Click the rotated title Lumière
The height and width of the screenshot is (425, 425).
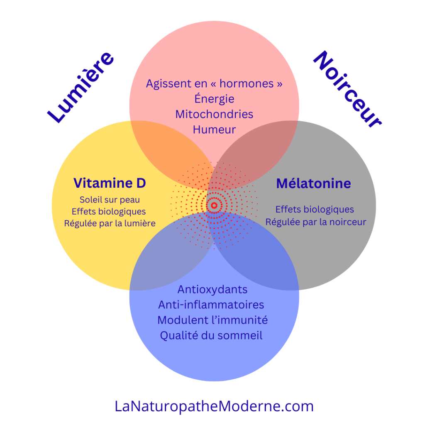(80, 88)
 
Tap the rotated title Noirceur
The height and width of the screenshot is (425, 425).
(347, 88)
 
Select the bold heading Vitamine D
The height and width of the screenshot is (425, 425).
(110, 183)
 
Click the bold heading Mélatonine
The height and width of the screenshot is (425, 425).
(313, 183)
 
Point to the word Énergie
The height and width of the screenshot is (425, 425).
(214, 99)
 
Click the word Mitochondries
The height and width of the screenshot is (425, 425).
(214, 114)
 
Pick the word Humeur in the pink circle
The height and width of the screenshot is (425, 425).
(214, 129)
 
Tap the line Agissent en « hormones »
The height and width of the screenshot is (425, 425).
(214, 83)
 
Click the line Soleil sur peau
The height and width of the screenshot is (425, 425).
(110, 200)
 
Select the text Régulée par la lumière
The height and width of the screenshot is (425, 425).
(110, 223)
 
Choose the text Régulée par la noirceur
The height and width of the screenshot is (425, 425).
(316, 222)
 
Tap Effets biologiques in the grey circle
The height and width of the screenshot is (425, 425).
(315, 209)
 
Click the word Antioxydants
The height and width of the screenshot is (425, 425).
(212, 289)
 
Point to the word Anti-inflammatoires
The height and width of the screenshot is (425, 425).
(211, 305)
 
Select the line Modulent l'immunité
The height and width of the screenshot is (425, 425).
(212, 320)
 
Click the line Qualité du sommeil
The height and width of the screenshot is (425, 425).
(211, 335)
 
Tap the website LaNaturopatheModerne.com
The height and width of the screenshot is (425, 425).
(214, 406)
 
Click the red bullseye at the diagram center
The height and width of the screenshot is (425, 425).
(214, 205)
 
